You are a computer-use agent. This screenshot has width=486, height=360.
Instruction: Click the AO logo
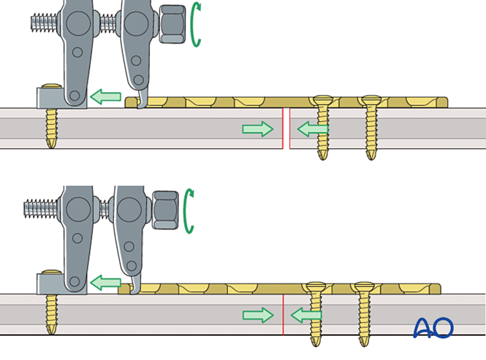(x=433, y=328)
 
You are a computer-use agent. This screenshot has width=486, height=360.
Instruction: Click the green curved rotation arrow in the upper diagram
(x=194, y=25)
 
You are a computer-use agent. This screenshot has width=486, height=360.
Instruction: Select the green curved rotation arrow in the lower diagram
(x=189, y=211)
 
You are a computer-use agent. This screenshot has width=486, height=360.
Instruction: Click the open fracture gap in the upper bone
(x=286, y=129)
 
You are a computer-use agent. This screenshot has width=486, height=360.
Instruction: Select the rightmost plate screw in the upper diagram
(x=370, y=128)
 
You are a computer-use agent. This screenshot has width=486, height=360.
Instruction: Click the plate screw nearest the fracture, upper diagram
(x=322, y=128)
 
